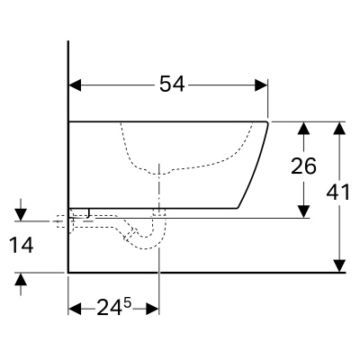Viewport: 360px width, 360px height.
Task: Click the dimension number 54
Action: click(172, 84)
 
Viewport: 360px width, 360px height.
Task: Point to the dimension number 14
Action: click(21, 244)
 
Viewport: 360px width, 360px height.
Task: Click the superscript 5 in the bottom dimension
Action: click(128, 302)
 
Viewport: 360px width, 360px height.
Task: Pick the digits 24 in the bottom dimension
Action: click(110, 307)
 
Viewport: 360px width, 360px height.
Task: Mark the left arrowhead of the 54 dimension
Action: click(76, 85)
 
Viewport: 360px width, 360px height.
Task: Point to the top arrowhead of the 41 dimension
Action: click(338, 127)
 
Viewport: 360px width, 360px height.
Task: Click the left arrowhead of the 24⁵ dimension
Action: click(76, 307)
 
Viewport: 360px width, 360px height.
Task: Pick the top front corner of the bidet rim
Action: click(268, 121)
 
